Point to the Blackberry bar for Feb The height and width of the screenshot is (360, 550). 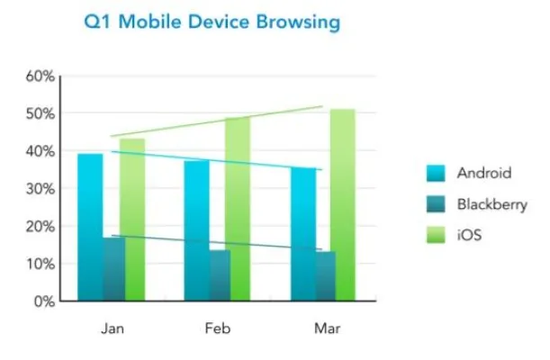221,274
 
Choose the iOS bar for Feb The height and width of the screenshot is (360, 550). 238,209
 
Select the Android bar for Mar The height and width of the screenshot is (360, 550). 302,234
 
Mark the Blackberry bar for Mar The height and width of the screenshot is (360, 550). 326,275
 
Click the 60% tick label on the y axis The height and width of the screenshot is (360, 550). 40,76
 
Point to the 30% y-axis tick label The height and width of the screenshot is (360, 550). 40,189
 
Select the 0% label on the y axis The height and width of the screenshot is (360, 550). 43,301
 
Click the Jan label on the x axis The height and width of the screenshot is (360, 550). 112,328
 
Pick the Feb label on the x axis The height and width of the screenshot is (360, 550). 217,328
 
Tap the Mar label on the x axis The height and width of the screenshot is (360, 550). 327,328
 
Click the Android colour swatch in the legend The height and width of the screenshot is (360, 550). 437,173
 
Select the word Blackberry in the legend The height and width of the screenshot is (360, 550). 491,204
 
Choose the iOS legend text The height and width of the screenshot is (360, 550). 470,235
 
